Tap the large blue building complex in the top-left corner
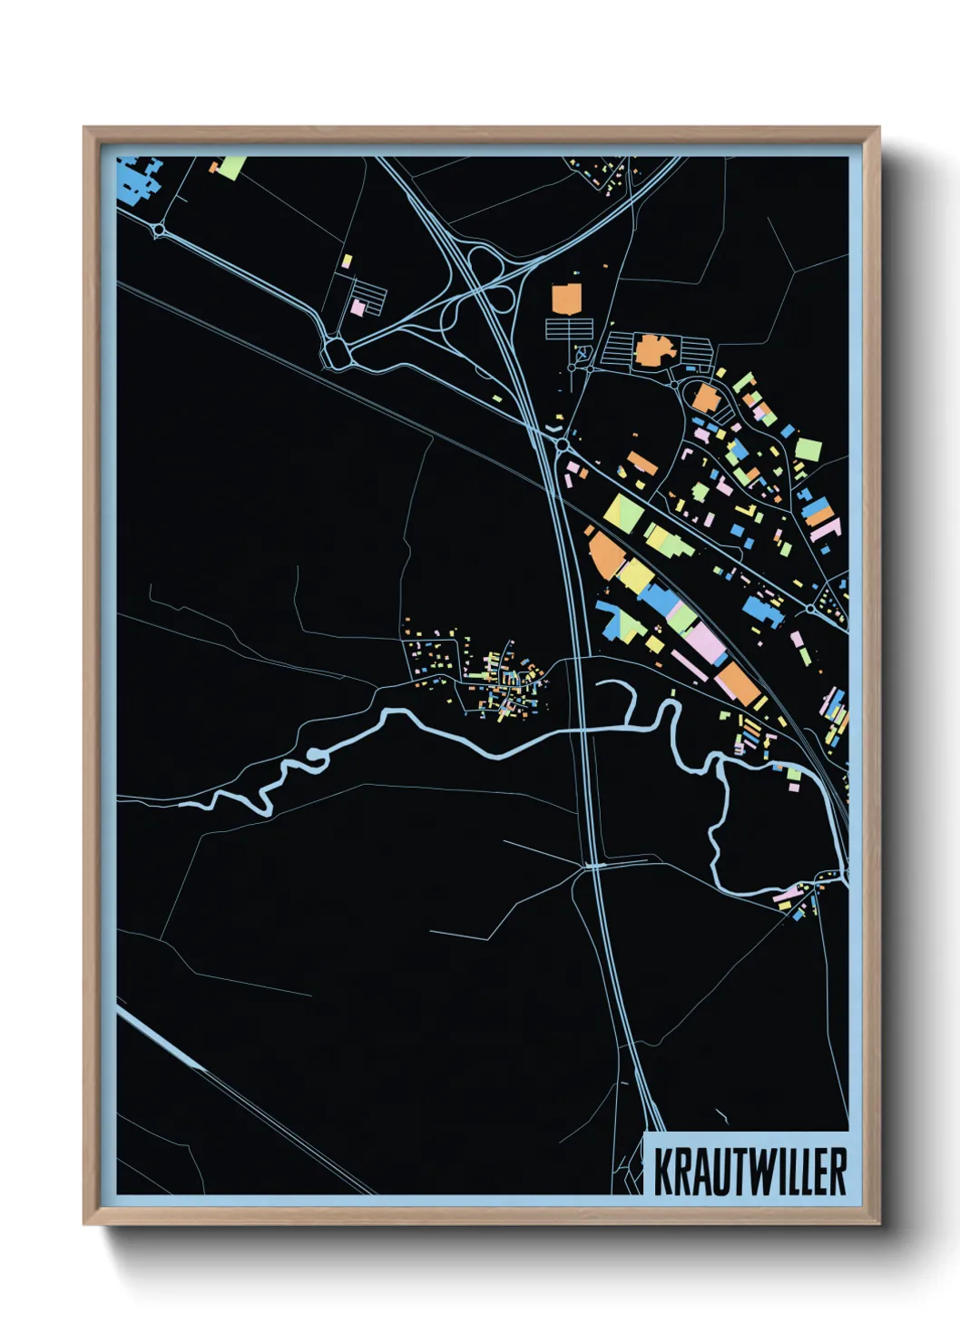[137, 180]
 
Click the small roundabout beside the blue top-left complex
[160, 231]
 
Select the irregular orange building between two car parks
[651, 350]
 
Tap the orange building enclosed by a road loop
[705, 397]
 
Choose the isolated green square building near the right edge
[808, 449]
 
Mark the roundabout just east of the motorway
[563, 445]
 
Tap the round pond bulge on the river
[315, 755]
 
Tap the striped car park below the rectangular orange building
[569, 328]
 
